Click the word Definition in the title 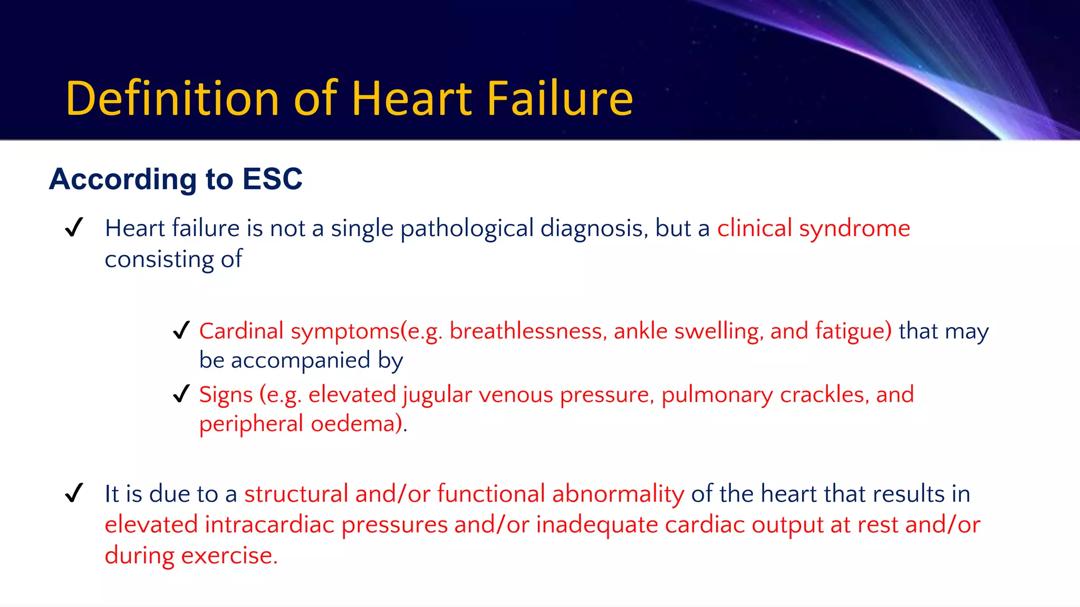tap(172, 99)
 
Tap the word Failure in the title tap(560, 99)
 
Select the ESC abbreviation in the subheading tap(273, 179)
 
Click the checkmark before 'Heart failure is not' tap(74, 228)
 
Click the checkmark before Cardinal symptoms tap(181, 331)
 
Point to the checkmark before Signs tap(181, 394)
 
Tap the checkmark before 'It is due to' tap(74, 494)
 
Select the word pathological tap(467, 229)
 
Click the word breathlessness tap(528, 331)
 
